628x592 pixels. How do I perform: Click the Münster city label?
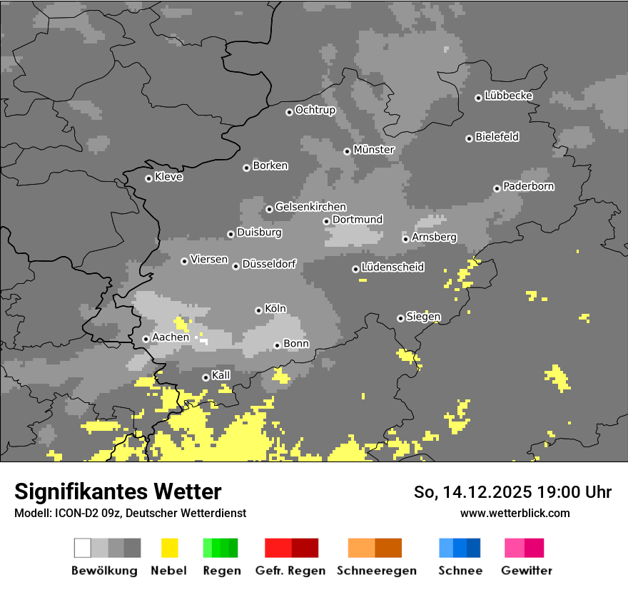(x=374, y=150)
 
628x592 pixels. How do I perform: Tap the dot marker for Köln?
(x=258, y=310)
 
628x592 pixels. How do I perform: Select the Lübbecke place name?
(x=509, y=96)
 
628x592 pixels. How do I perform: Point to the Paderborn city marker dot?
(x=497, y=188)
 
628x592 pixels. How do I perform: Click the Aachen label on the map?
(x=171, y=337)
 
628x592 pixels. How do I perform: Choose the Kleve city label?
(x=169, y=177)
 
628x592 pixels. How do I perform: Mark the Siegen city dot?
(x=400, y=318)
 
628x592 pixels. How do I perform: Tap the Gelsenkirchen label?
(x=310, y=207)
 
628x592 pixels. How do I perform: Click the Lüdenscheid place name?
(x=392, y=267)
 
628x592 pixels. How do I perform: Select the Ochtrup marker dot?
(x=289, y=111)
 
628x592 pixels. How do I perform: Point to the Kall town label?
(x=221, y=375)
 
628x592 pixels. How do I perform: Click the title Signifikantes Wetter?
(x=118, y=491)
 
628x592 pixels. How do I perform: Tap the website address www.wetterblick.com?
(x=515, y=513)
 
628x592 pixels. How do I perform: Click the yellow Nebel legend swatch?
(x=169, y=548)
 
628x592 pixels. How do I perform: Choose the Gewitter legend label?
(x=527, y=571)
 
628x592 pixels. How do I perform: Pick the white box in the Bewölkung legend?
(x=83, y=548)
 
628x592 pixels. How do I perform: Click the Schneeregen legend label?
(x=375, y=571)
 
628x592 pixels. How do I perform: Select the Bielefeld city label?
(x=497, y=137)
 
